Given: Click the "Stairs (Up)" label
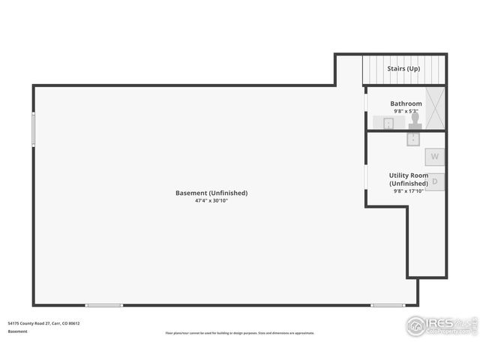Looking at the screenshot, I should (x=403, y=69).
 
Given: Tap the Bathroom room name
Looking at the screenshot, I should (x=406, y=103).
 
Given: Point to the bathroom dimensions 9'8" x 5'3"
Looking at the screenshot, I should (x=406, y=111).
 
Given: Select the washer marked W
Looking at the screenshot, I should (x=434, y=157).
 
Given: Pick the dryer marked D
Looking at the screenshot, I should (x=434, y=181).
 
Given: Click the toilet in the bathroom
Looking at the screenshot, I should (x=415, y=121).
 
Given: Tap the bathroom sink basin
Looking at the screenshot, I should (x=388, y=123).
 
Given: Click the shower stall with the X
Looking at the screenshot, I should (x=435, y=108).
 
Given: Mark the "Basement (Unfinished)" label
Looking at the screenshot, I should (x=211, y=193).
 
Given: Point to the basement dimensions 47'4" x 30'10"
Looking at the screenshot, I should (x=211, y=201).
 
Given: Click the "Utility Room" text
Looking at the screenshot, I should (x=409, y=175).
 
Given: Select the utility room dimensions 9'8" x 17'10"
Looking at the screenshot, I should (x=409, y=191).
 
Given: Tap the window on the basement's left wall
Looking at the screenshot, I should (x=33, y=129).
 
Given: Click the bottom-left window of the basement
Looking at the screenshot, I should (x=103, y=305).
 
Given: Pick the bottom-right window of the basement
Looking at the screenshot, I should (x=388, y=305).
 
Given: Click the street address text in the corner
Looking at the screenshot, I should (x=43, y=323).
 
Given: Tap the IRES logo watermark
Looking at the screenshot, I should (x=441, y=325).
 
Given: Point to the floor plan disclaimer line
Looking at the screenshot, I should (x=240, y=333).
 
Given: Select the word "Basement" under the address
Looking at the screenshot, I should (x=17, y=331).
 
